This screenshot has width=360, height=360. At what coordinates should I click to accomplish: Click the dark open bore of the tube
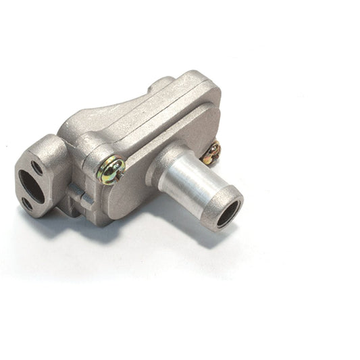[x=230, y=214]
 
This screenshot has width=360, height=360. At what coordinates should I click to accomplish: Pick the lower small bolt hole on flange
[x=26, y=202]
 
